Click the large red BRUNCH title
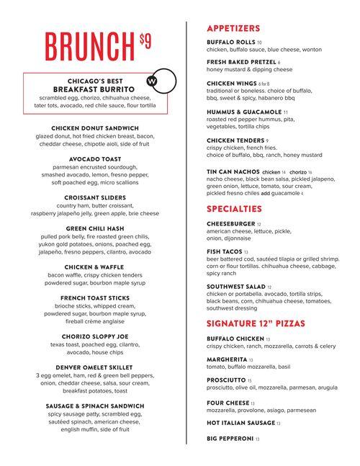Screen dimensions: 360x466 [x=89, y=47]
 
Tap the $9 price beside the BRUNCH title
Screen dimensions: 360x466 [x=145, y=42]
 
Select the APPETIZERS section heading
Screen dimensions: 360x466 [x=233, y=28]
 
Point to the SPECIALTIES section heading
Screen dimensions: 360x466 [x=233, y=209]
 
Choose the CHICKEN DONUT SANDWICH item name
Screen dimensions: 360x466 [x=95, y=127]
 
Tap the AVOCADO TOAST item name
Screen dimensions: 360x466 [x=95, y=158]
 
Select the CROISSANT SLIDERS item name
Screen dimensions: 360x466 [x=95, y=197]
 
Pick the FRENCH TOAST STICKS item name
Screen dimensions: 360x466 [x=95, y=297]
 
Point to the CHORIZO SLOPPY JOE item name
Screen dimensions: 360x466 [x=95, y=336]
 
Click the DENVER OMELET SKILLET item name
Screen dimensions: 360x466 [x=95, y=367]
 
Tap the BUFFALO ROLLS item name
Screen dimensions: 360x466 [x=230, y=42]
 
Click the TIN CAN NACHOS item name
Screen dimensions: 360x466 [x=233, y=172]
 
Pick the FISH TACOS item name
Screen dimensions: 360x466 [x=224, y=252]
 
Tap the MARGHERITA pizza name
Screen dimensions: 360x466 [x=225, y=358]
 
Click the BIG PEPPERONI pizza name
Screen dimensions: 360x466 [x=230, y=439]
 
